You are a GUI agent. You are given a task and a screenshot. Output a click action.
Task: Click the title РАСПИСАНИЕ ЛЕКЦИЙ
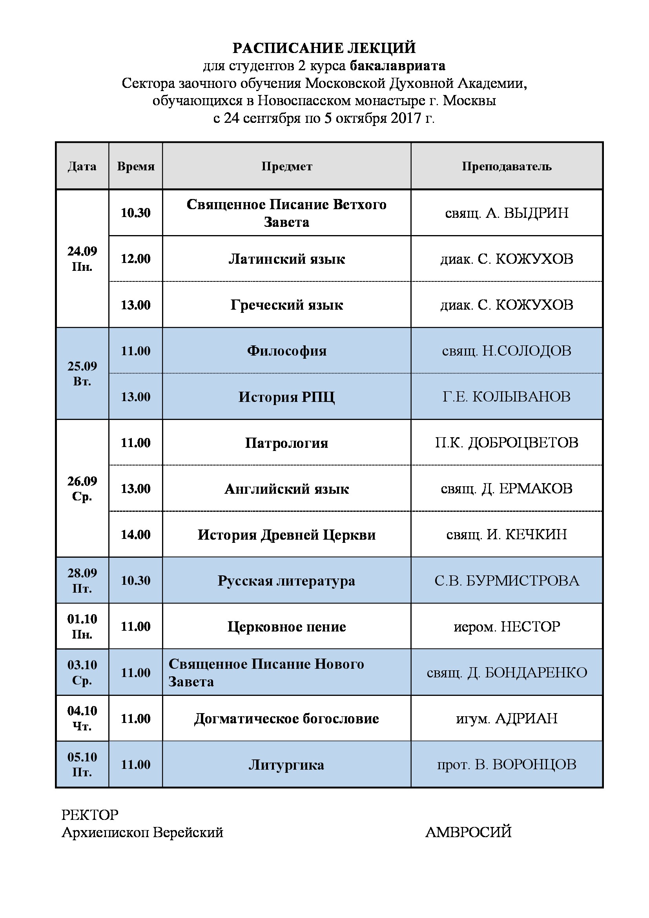pos(324,48)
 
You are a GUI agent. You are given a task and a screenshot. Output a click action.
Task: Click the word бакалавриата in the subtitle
pos(397,66)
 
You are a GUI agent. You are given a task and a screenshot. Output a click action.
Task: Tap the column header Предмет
pos(286,166)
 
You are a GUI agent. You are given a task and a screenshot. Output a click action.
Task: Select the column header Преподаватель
pos(506,166)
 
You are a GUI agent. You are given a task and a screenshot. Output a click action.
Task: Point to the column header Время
pos(135,166)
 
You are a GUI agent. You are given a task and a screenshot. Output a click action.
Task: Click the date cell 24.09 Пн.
pos(82,259)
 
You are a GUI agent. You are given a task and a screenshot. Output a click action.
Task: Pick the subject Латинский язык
pos(286,259)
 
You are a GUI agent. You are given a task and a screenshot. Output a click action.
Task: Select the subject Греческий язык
pos(286,305)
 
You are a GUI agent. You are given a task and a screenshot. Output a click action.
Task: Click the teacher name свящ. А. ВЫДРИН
pos(506,213)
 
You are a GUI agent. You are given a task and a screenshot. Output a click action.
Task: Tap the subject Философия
pos(286,351)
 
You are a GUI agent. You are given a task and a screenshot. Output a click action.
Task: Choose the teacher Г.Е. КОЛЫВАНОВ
pos(506,397)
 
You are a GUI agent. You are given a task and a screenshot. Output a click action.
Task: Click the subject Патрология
pos(286,443)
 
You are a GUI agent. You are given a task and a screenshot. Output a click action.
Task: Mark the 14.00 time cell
pos(135,535)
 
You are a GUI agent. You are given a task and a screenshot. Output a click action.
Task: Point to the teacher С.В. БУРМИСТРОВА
pos(506,580)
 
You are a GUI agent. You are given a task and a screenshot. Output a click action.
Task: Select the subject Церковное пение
pos(286,626)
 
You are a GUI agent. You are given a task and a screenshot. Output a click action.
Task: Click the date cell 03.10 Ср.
pos(82,673)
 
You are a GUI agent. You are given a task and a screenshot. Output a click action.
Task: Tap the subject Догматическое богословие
pos(286,719)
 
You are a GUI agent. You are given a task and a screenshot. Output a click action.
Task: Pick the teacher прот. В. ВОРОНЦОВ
pos(506,765)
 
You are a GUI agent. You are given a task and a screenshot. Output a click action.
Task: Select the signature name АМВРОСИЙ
pos(469,832)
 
